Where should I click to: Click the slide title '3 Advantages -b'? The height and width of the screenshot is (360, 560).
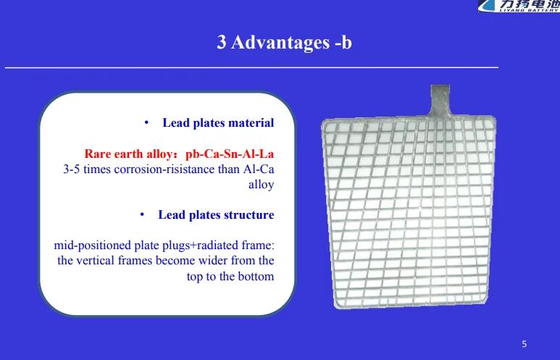[284, 43]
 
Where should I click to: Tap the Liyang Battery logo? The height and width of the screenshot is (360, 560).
[519, 6]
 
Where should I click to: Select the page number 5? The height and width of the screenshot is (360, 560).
[524, 344]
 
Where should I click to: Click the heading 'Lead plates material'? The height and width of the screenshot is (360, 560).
[218, 123]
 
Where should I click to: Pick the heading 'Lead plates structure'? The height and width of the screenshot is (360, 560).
[216, 215]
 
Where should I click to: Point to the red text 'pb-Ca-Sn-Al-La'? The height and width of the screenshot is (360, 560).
[230, 154]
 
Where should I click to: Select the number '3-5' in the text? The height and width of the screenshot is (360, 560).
[72, 169]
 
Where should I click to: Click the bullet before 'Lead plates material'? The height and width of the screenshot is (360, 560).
[146, 123]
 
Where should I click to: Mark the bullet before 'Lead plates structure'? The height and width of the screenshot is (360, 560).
[142, 215]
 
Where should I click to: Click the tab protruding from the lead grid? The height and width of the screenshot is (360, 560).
[440, 101]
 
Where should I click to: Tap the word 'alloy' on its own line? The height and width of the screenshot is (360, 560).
[261, 185]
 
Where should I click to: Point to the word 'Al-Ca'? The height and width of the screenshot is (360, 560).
[259, 169]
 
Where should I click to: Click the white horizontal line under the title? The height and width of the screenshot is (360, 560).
[251, 67]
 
